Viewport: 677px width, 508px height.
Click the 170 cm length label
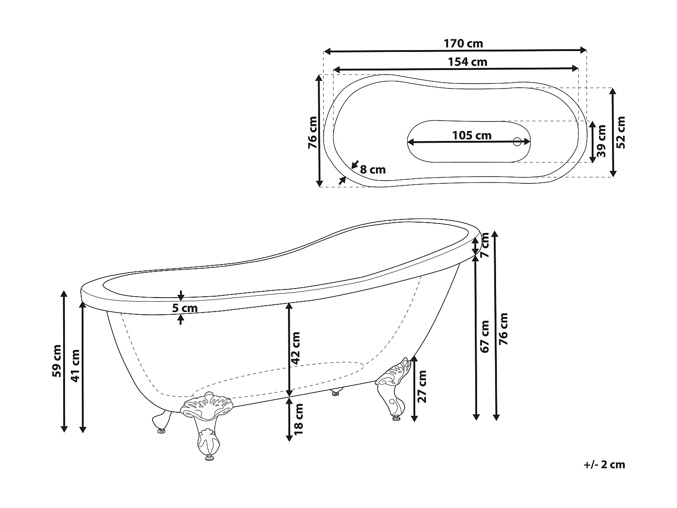(463, 43)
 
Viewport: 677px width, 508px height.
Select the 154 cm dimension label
(467, 62)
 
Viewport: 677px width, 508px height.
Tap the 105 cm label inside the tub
(472, 135)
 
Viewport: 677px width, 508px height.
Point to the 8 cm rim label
(373, 170)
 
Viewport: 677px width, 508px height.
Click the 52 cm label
(620, 133)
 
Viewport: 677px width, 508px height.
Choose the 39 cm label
(601, 141)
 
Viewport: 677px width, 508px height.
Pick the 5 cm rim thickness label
(185, 308)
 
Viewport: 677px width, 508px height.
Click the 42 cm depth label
(295, 348)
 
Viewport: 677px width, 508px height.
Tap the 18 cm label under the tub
(299, 419)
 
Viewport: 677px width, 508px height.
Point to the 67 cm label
(484, 337)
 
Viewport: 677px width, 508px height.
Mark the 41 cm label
(75, 366)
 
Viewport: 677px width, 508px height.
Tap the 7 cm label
(485, 245)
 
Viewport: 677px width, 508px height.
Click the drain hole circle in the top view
(517, 142)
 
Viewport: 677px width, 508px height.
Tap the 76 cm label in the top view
(312, 133)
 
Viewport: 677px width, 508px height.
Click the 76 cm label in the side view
(503, 329)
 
